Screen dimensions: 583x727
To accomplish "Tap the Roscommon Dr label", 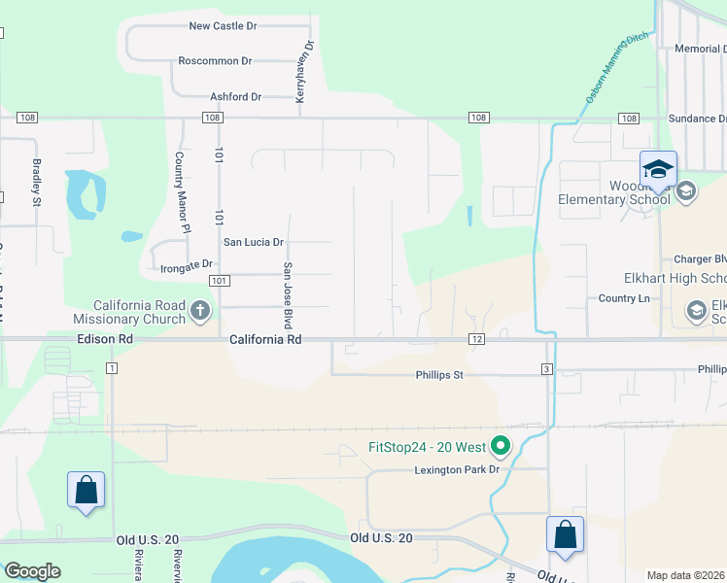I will [215, 60].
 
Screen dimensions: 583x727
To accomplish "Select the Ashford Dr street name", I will [236, 97].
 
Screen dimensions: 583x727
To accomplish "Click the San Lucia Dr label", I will [254, 242].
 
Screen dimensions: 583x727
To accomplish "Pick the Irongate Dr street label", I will [187, 264].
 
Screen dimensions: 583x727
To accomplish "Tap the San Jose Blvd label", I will [288, 295].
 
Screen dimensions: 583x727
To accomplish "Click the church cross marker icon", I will [200, 311].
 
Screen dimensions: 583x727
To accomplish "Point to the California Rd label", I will [265, 340].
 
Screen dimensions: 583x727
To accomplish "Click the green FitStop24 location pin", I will [501, 447].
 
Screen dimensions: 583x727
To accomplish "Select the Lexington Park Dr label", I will [457, 469].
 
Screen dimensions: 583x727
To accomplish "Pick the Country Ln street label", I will [624, 298].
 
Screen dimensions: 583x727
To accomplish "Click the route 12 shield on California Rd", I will [476, 339].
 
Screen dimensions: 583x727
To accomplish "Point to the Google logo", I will [33, 571].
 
